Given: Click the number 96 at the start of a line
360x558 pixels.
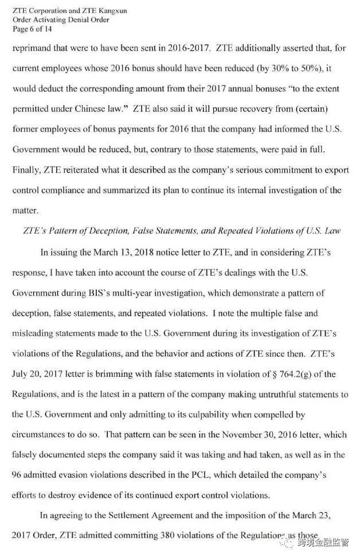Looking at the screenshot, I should tap(17, 475).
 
